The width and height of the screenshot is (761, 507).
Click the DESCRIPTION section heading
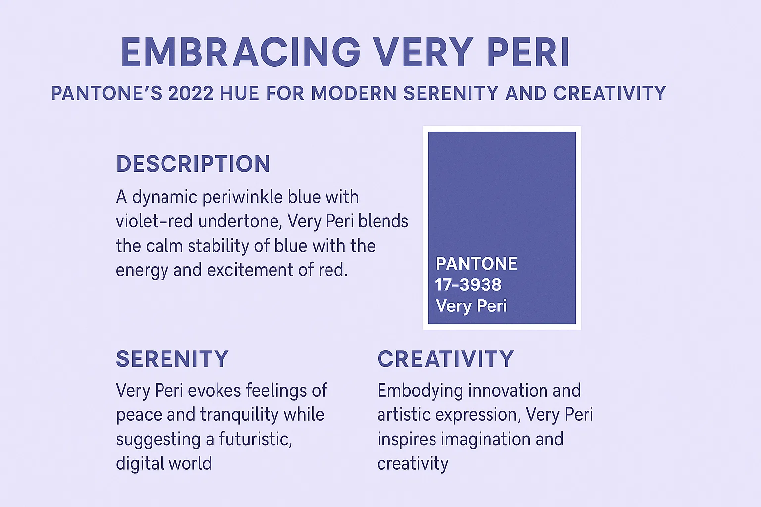coord(193,164)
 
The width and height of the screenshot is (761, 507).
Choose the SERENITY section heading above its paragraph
coord(172,359)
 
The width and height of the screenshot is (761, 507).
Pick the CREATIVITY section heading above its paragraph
coord(445,359)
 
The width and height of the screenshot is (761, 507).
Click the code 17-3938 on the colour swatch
coord(468,285)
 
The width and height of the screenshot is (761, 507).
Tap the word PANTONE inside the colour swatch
coord(476,264)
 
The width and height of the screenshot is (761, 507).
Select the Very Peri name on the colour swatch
coord(471,306)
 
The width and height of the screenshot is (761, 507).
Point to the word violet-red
coord(154,221)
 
